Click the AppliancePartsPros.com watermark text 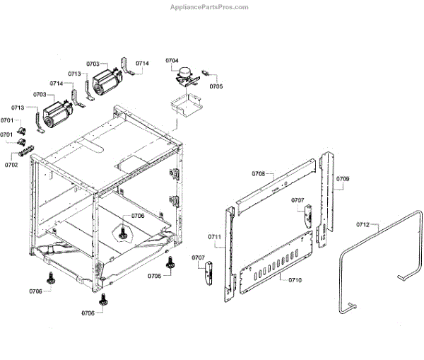click(x=210, y=7)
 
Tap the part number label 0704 click(x=172, y=62)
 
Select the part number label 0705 click(x=216, y=86)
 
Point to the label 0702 click(x=11, y=164)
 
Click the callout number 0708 click(x=259, y=173)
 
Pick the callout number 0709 click(x=342, y=179)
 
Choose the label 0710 click(x=295, y=281)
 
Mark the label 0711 click(x=215, y=236)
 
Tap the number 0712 click(x=363, y=224)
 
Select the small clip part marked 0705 click(x=206, y=72)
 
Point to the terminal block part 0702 click(x=27, y=147)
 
